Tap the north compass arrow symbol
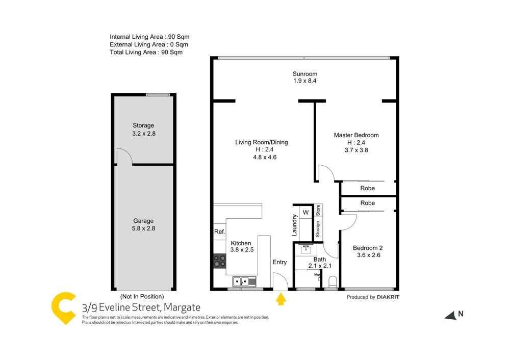click(450, 316)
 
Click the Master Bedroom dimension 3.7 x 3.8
click(356, 150)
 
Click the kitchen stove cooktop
click(220, 262)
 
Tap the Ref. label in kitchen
click(220, 232)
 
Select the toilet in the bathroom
click(333, 281)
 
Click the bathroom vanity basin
click(306, 249)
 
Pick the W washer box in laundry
click(306, 212)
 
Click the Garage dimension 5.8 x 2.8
click(143, 228)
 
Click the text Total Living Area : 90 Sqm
click(146, 52)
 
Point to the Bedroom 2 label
click(368, 248)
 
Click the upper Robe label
click(367, 188)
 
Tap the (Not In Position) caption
click(142, 296)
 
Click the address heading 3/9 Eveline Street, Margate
click(141, 307)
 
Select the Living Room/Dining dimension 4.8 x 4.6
click(261, 158)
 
